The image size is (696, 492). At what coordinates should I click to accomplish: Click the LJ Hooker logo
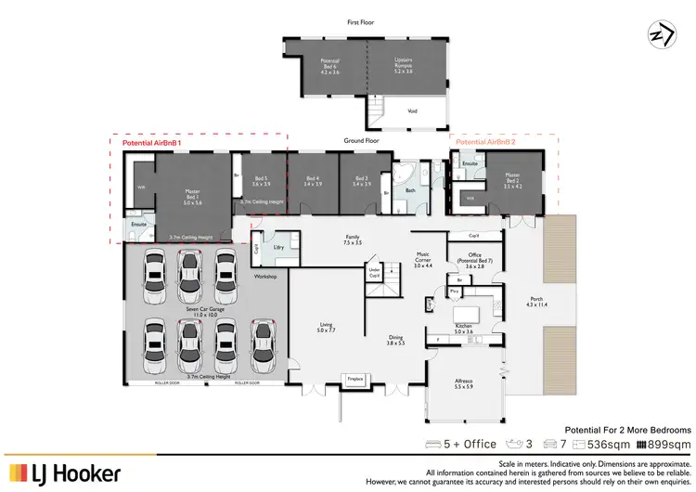(64, 473)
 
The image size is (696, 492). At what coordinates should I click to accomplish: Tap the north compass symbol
(660, 32)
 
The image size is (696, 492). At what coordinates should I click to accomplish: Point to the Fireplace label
(355, 379)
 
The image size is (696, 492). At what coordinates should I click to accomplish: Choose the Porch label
(537, 302)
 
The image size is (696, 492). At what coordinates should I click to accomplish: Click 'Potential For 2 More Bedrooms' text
(628, 429)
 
